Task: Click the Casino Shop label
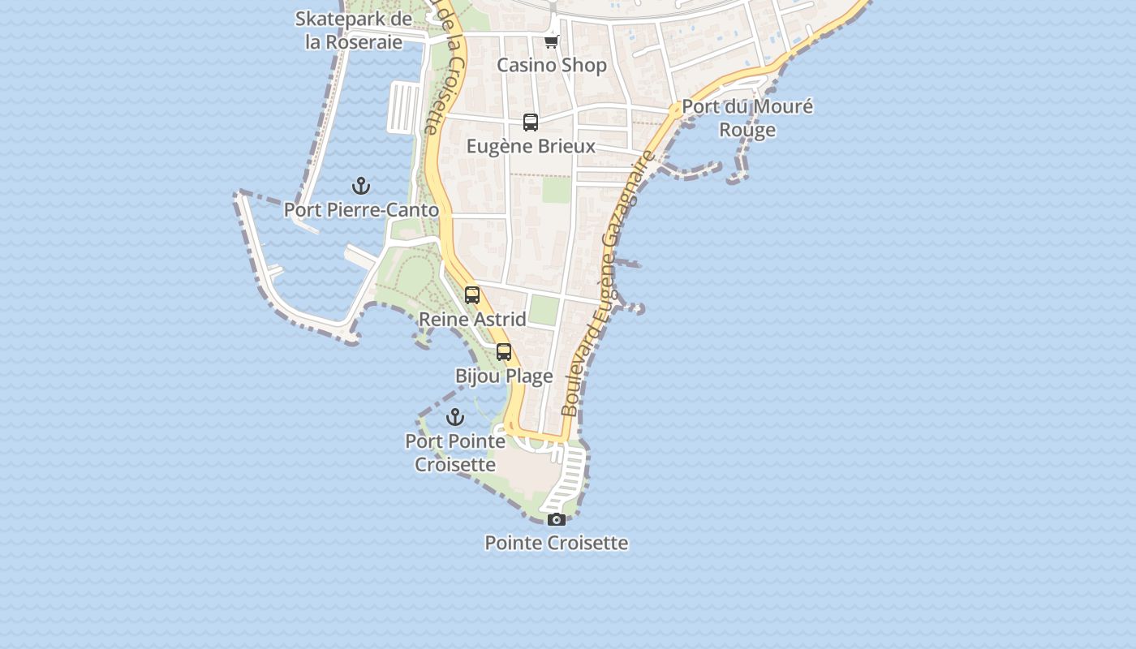click(552, 65)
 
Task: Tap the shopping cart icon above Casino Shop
click(552, 41)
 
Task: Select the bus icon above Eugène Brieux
click(531, 122)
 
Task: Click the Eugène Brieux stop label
click(531, 146)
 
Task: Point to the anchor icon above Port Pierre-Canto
click(361, 187)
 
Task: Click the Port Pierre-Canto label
click(361, 210)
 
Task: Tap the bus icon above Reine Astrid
click(472, 295)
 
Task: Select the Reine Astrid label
click(472, 319)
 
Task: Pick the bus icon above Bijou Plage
click(504, 352)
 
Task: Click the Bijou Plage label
click(504, 376)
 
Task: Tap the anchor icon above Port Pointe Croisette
click(455, 417)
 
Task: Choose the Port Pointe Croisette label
click(455, 453)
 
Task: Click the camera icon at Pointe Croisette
click(557, 519)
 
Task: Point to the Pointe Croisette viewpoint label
click(557, 543)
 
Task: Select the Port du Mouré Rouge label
click(747, 118)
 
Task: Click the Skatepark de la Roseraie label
click(354, 30)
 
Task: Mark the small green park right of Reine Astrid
click(544, 311)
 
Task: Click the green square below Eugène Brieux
click(557, 190)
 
